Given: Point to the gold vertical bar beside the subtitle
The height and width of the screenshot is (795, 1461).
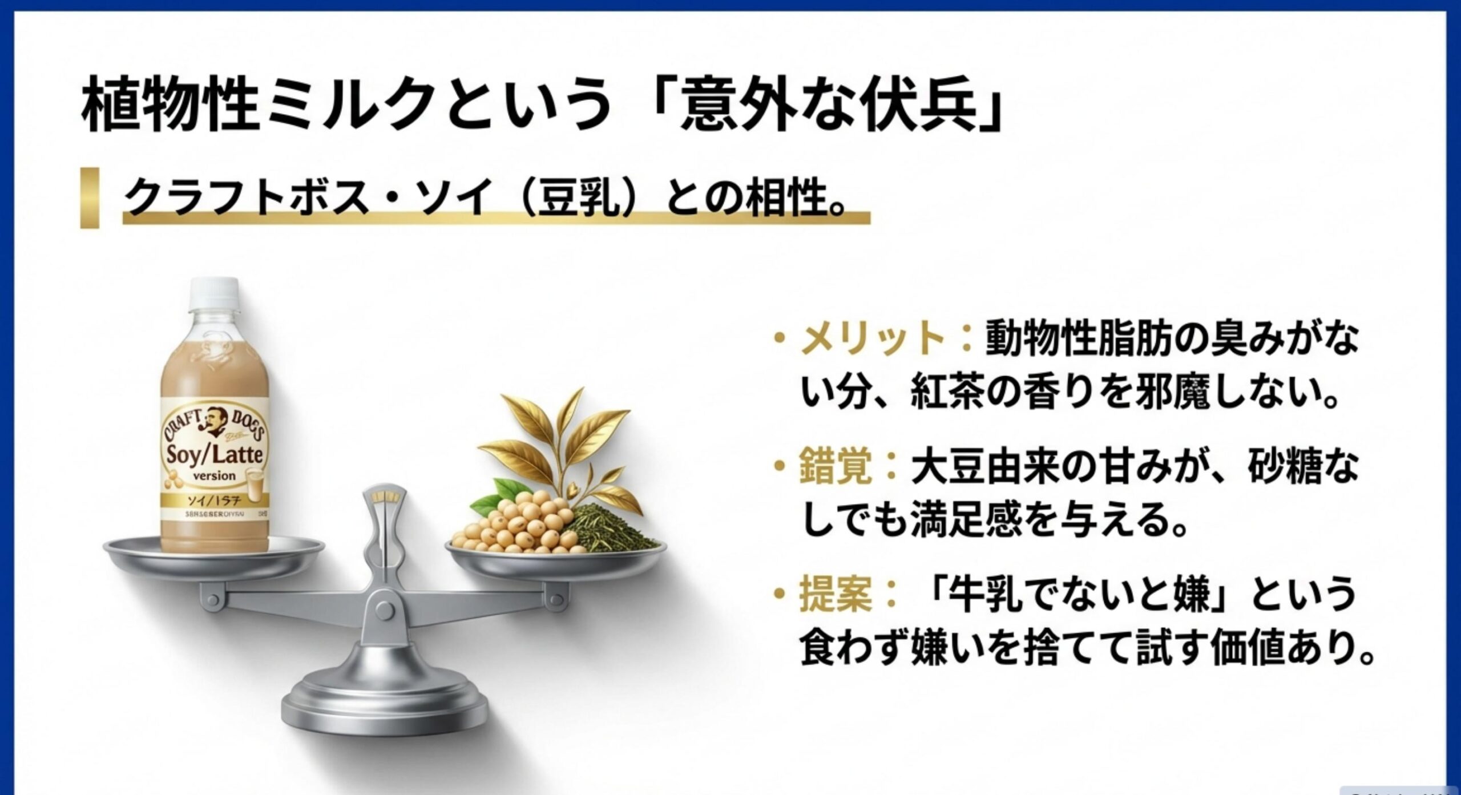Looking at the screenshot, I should [x=90, y=197].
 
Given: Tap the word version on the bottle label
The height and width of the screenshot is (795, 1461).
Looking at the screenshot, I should [x=215, y=475].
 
